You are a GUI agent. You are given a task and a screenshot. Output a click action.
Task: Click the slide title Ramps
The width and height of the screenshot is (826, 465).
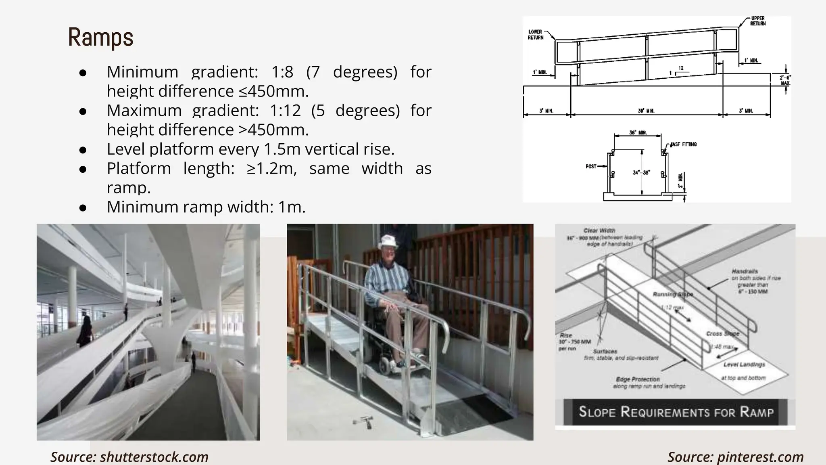pyautogui.click(x=100, y=38)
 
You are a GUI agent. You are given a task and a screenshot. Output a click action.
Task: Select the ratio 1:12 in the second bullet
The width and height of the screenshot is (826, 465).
pyautogui.click(x=286, y=110)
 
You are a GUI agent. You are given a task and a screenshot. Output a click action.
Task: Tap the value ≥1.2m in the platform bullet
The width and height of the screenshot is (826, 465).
pyautogui.click(x=271, y=168)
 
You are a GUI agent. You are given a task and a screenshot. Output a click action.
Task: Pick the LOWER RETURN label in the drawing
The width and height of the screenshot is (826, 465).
pyautogui.click(x=536, y=35)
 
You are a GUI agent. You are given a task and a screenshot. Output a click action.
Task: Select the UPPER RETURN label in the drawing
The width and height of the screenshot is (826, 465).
pyautogui.click(x=758, y=21)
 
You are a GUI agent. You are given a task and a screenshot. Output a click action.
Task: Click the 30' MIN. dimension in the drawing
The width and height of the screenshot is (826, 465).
pyautogui.click(x=646, y=111)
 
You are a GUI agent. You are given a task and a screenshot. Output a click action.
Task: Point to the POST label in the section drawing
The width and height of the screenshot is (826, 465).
pyautogui.click(x=591, y=166)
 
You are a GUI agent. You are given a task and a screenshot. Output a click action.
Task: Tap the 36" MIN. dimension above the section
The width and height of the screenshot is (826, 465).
pyautogui.click(x=638, y=132)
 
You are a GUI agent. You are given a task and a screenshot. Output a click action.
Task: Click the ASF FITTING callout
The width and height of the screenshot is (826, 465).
pyautogui.click(x=684, y=144)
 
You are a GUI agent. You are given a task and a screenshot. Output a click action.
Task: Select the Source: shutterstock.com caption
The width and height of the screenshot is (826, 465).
pyautogui.click(x=129, y=457)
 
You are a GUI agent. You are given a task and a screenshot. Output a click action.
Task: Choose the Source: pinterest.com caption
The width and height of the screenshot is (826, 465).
pyautogui.click(x=735, y=457)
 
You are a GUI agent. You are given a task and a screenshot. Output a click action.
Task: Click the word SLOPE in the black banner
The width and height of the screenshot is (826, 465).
pyautogui.click(x=597, y=412)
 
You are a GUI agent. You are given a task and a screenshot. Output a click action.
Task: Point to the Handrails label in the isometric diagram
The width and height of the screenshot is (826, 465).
pyautogui.click(x=745, y=271)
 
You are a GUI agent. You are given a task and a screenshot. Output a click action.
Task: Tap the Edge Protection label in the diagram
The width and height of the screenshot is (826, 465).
pyautogui.click(x=638, y=379)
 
